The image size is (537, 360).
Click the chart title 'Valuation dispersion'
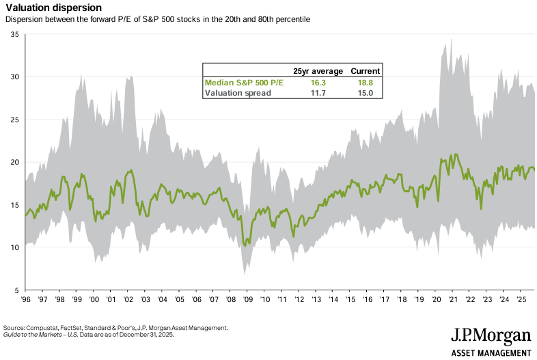coord(53,8)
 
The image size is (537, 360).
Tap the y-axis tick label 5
coord(16,290)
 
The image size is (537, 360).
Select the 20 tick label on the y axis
coord(14,162)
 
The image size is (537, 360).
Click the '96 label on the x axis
coord(25,299)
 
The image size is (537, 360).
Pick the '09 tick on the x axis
coord(248,299)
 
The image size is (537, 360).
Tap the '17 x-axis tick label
coord(385,299)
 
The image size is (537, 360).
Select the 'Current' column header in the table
coord(366,71)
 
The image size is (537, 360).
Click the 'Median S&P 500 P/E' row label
coord(243,82)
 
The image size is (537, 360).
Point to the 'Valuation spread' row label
coord(238,93)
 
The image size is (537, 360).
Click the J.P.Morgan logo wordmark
coord(491,336)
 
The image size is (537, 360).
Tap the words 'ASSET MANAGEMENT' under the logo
coord(491,352)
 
